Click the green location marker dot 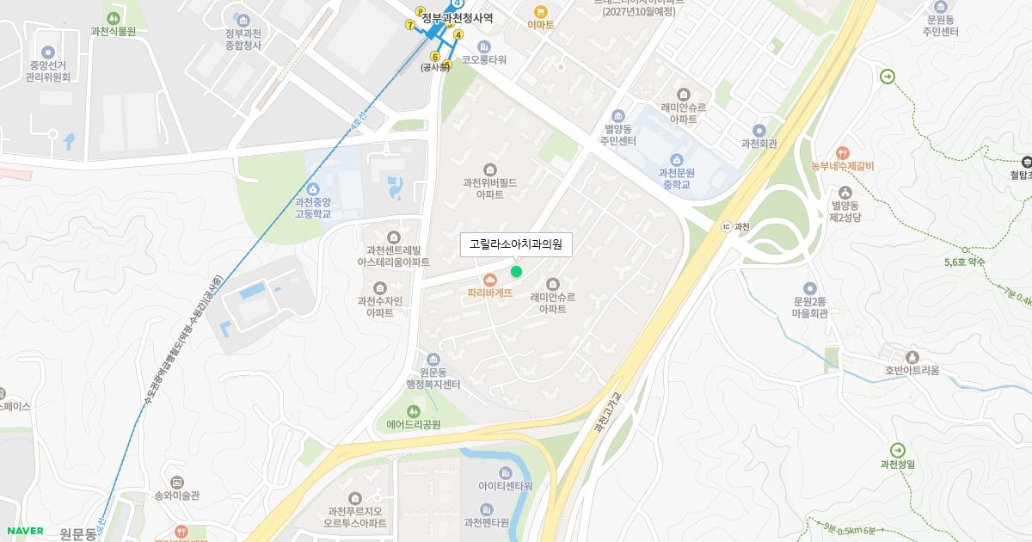[516, 272]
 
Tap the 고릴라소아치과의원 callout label [516, 244]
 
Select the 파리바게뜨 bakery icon [490, 279]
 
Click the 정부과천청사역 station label [457, 17]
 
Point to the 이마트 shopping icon [540, 11]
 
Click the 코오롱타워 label [484, 60]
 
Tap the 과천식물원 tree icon [113, 17]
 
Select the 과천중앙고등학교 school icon [313, 188]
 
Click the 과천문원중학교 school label [677, 178]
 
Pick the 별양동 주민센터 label [618, 134]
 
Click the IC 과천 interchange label [736, 226]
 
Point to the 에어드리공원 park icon [414, 410]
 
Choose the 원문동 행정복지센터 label [433, 379]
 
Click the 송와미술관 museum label [176, 496]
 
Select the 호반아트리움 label [912, 371]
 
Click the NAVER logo [24, 531]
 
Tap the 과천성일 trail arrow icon [898, 450]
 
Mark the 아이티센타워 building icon [505, 472]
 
